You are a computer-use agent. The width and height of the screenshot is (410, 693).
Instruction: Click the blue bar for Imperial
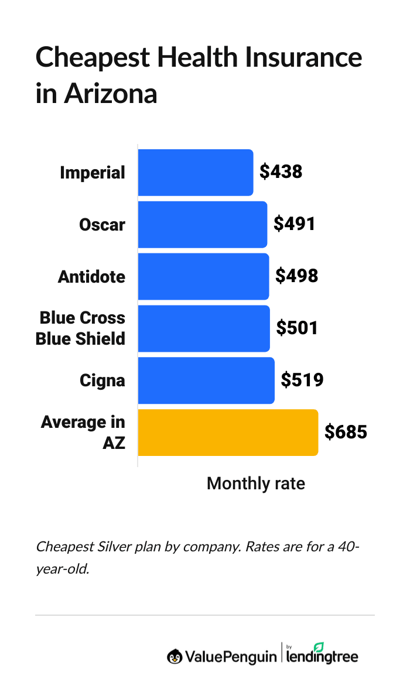196,173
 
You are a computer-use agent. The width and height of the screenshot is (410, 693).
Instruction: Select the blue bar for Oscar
203,225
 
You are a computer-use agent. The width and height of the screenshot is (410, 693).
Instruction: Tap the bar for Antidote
203,276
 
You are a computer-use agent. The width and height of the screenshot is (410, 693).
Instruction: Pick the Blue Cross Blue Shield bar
204,328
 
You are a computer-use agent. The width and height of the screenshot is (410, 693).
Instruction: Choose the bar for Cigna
206,380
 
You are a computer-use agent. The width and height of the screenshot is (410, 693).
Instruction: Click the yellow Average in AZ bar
228,433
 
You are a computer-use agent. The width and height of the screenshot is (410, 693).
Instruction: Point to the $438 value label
281,172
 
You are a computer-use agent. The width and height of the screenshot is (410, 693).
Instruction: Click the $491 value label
295,224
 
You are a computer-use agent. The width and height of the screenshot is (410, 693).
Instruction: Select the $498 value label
297,276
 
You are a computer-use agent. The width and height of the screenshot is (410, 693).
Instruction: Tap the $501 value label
297,328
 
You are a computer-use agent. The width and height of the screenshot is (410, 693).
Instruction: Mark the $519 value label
302,380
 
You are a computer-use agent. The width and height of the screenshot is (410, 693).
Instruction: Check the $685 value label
346,433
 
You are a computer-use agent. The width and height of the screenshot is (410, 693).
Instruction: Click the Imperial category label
93,173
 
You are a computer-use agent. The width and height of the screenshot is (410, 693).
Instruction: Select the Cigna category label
102,380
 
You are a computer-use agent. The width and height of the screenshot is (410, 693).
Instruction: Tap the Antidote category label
91,276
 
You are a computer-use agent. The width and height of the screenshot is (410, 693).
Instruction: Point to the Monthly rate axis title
256,483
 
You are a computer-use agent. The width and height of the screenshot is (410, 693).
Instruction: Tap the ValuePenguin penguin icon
174,657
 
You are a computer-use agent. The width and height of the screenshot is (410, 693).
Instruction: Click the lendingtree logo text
322,657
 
